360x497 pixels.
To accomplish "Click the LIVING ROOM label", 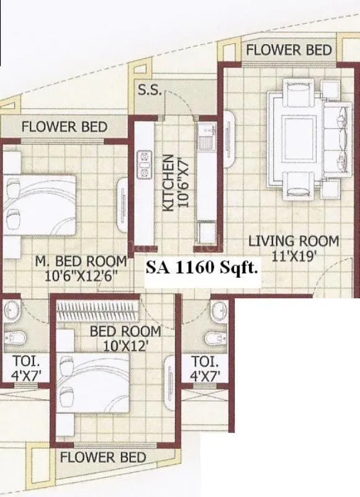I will click(x=294, y=241).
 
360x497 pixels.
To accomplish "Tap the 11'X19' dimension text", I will click(x=294, y=255).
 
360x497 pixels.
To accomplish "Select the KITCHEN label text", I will click(x=168, y=184).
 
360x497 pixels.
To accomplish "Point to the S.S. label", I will click(x=150, y=89).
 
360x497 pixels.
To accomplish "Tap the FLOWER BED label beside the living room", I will click(x=289, y=50).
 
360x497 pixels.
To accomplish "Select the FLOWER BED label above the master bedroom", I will click(x=64, y=127).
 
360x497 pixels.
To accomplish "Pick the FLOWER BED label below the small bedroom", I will click(x=103, y=458).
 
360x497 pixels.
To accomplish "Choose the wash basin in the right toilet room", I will click(x=217, y=310).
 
